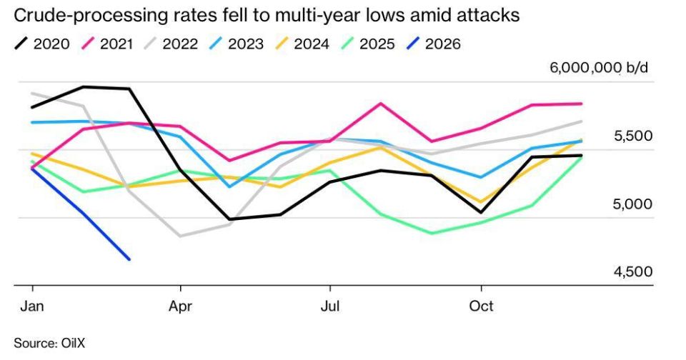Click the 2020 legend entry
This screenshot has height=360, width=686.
point(42,44)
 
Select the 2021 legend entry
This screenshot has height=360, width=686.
point(108,44)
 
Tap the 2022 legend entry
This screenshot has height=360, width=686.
point(171,44)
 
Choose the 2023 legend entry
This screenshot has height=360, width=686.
point(237,44)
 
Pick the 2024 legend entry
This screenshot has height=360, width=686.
point(302,44)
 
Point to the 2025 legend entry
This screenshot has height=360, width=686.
point(368,44)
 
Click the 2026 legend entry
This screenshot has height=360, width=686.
point(434,44)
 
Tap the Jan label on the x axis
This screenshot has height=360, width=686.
point(32,306)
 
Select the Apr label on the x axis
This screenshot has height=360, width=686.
point(180,306)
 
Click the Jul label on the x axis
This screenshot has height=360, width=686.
point(330,306)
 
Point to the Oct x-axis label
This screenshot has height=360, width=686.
point(481,306)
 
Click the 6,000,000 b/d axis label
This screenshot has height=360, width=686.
point(599,69)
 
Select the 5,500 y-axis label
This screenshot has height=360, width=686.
point(633,136)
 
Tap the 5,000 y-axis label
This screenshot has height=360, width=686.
point(632,204)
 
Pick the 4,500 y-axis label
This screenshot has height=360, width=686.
point(633,272)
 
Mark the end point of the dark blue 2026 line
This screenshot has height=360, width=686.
point(129,259)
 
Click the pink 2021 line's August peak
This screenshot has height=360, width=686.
point(381,104)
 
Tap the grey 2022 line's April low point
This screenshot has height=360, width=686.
point(181,236)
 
